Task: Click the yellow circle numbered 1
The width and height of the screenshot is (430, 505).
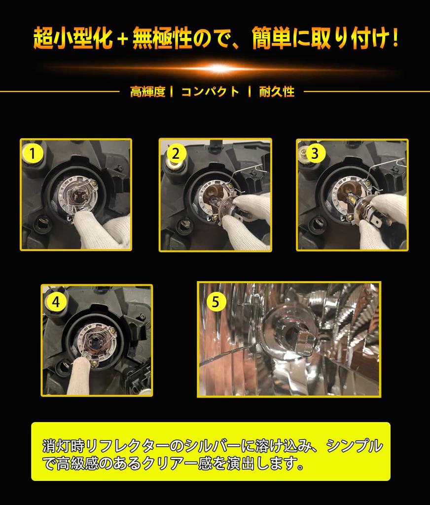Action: click(x=33, y=153)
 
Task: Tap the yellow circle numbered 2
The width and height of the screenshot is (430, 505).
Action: click(x=176, y=153)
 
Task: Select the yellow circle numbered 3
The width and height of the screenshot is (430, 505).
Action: click(x=315, y=153)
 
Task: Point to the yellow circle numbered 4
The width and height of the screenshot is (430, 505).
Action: click(x=56, y=302)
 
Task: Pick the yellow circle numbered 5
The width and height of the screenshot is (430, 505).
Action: click(x=215, y=302)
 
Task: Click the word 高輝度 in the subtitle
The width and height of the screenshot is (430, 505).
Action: click(x=148, y=92)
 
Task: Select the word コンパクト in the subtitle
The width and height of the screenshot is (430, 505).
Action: click(x=211, y=92)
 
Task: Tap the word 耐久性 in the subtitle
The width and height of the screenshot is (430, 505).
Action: click(x=277, y=92)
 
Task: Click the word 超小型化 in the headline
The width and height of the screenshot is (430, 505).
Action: click(x=73, y=38)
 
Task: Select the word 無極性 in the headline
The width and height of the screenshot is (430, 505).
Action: click(x=162, y=38)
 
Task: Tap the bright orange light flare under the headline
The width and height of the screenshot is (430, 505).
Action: click(x=218, y=68)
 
